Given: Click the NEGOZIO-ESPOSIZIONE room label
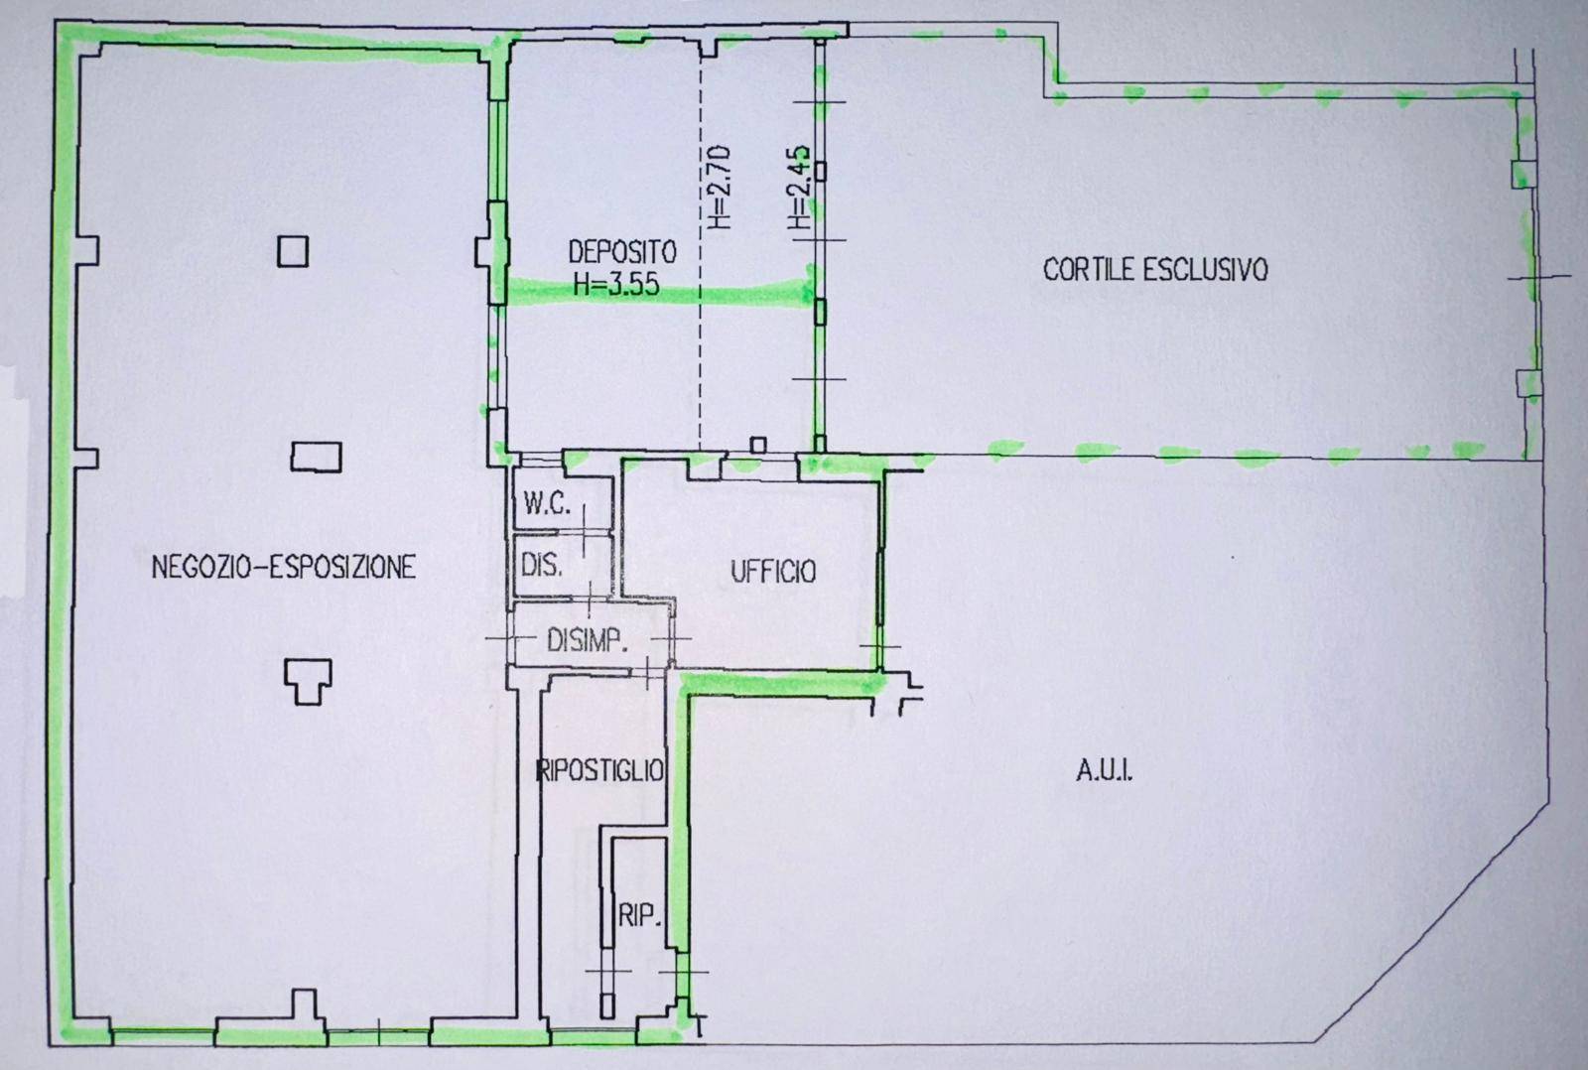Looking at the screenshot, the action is click(x=284, y=568).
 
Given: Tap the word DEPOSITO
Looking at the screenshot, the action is click(x=622, y=252).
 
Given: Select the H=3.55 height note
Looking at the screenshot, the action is click(x=616, y=284).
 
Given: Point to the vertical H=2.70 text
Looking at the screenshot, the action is click(x=719, y=187).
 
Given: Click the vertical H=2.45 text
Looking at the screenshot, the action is click(x=798, y=187).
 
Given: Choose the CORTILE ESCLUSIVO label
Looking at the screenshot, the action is click(x=1155, y=269).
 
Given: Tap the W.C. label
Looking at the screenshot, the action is click(x=547, y=504).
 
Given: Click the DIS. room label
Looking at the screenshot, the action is click(x=542, y=566).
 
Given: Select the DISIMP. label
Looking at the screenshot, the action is click(x=587, y=641).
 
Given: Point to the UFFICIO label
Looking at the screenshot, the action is click(x=773, y=572).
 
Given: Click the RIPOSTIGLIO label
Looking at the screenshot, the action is click(x=600, y=770).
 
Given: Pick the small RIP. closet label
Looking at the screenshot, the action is click(x=639, y=917).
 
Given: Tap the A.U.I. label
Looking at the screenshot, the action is click(x=1104, y=771).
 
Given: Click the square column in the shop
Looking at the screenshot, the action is click(x=293, y=251).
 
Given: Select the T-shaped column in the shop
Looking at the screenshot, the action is click(x=308, y=682).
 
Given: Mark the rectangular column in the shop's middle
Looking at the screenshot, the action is click(x=316, y=458).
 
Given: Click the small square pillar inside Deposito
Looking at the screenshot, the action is click(x=758, y=446).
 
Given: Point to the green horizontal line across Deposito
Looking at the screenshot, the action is click(x=659, y=292).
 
